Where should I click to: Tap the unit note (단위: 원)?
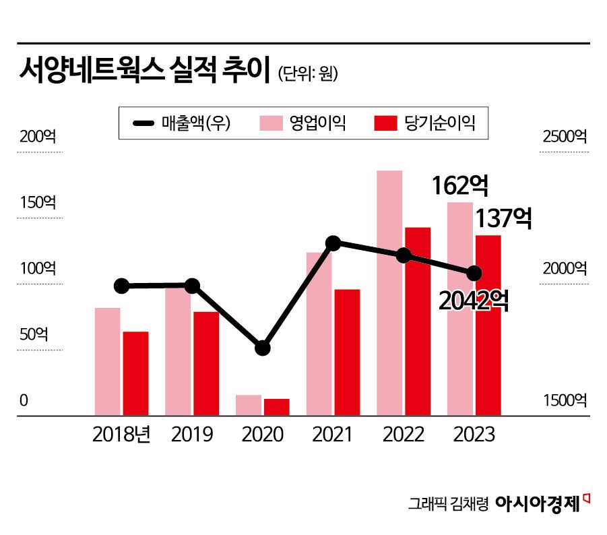308,73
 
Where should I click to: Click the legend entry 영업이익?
303,123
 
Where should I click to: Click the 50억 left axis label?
34,335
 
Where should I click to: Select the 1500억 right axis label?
565,401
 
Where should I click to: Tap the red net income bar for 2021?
347,352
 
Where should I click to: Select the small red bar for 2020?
276,407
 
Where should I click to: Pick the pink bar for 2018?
107,361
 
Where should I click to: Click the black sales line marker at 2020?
262,348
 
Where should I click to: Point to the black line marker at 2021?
332,243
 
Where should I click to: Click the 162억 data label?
459,185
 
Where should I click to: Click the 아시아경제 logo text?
537,503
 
